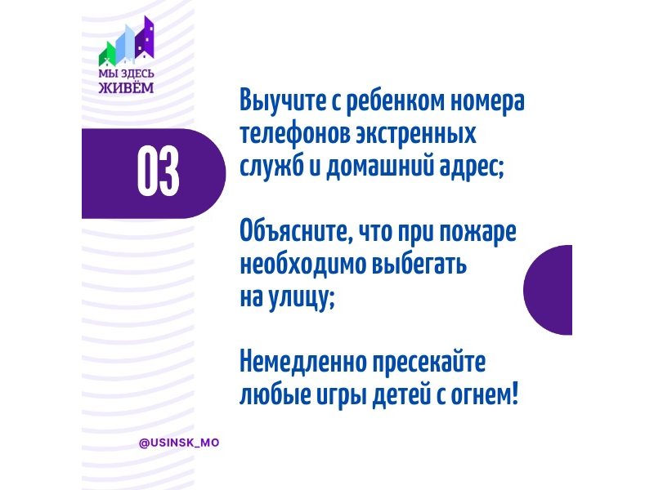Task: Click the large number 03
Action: (x=158, y=171)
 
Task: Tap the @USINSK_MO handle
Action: (x=179, y=443)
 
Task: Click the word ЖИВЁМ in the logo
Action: (x=126, y=87)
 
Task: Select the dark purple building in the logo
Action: (x=145, y=38)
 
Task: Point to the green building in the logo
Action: (x=107, y=55)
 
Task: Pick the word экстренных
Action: (x=416, y=134)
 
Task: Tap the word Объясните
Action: (x=293, y=232)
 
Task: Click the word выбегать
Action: (x=419, y=265)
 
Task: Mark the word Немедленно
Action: (x=302, y=362)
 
